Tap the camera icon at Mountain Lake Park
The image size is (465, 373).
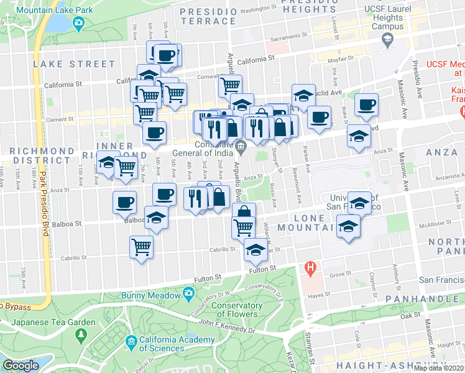click(79, 24)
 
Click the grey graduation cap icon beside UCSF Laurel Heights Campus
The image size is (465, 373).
click(387, 40)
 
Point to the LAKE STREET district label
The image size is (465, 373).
click(75, 64)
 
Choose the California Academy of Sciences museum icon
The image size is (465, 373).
click(131, 341)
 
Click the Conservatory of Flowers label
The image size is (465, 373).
click(236, 309)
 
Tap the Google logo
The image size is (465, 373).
click(21, 366)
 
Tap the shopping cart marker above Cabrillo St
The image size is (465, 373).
click(141, 246)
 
